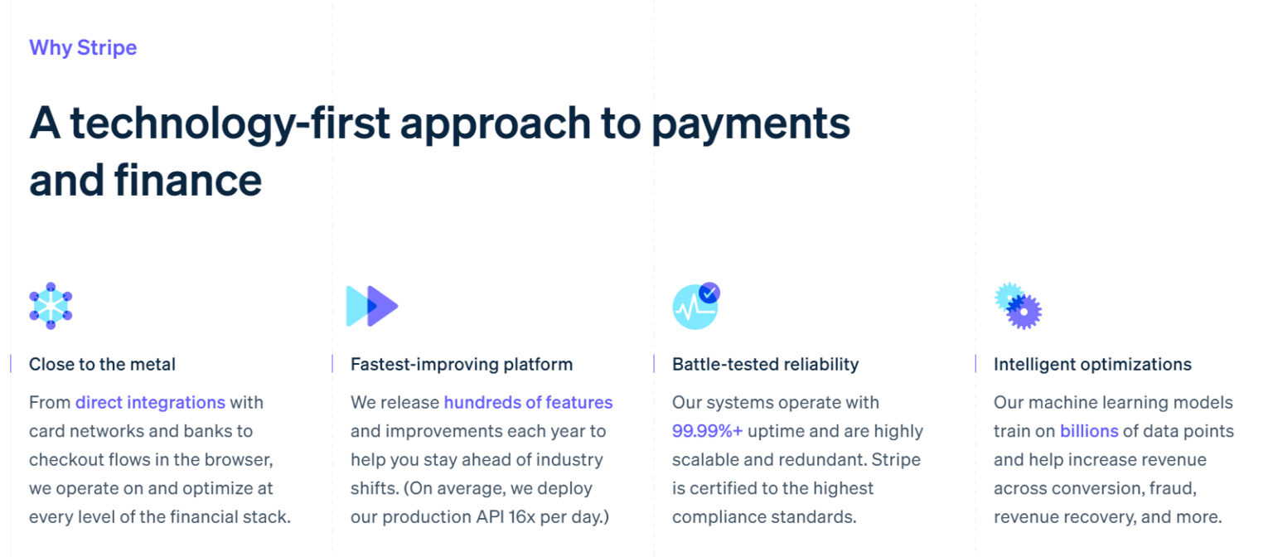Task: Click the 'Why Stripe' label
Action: click(83, 48)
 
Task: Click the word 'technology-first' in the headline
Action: click(230, 124)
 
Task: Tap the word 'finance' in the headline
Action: click(188, 180)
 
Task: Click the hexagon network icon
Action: click(51, 306)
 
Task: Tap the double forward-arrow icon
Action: click(372, 306)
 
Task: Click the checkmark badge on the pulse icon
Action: click(709, 293)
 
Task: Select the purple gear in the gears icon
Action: click(1024, 312)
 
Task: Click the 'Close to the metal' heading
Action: click(102, 365)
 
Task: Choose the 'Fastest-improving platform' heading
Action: click(462, 365)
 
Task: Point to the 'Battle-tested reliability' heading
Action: click(766, 365)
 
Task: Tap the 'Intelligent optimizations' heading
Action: click(1092, 365)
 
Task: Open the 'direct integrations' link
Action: click(151, 402)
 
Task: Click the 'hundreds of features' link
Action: click(528, 402)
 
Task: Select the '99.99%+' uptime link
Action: click(708, 431)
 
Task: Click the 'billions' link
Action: click(1090, 431)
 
